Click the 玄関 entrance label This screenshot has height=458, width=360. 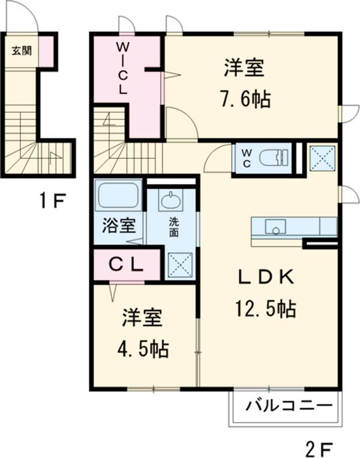[21, 50]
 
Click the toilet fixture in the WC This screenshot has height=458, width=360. [274, 158]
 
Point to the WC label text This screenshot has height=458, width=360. [247, 157]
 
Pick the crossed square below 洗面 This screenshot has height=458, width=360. [179, 264]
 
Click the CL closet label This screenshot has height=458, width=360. [125, 264]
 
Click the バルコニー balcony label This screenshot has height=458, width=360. [289, 407]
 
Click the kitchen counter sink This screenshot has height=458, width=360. [276, 227]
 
